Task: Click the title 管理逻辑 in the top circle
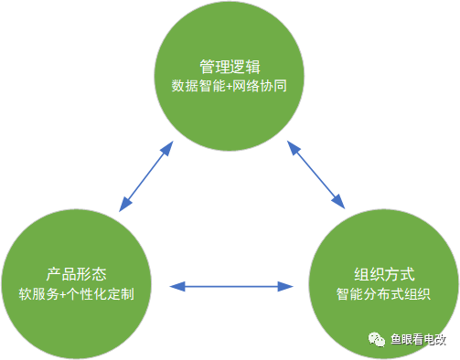[x=230, y=67]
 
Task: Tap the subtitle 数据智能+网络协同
[x=230, y=87]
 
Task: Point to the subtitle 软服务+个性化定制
[x=77, y=294]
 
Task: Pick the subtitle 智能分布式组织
[x=383, y=294]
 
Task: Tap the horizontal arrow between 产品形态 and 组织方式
[x=230, y=286]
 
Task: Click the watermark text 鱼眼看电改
[x=418, y=340]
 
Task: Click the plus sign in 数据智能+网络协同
[x=230, y=87]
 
